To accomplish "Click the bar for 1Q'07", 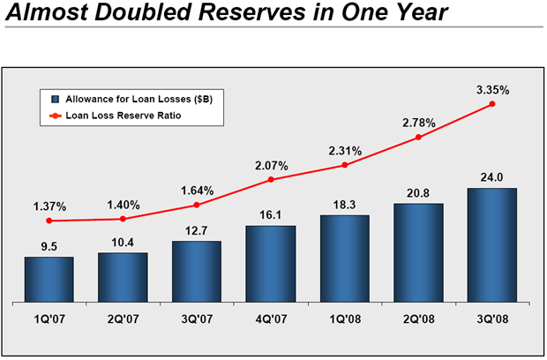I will (x=49, y=279).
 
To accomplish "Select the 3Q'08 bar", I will (x=491, y=245).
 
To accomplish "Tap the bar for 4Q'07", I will (x=271, y=264).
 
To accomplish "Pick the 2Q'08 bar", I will (x=418, y=252).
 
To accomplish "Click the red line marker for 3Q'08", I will (x=491, y=104).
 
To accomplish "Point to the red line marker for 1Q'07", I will (x=49, y=221).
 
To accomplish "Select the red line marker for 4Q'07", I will (x=271, y=180).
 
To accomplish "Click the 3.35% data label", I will (x=491, y=89).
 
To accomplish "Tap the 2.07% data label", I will (x=271, y=164).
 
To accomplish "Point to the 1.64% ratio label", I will (x=197, y=190).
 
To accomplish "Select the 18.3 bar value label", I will (x=345, y=205).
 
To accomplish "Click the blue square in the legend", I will (x=55, y=99).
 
